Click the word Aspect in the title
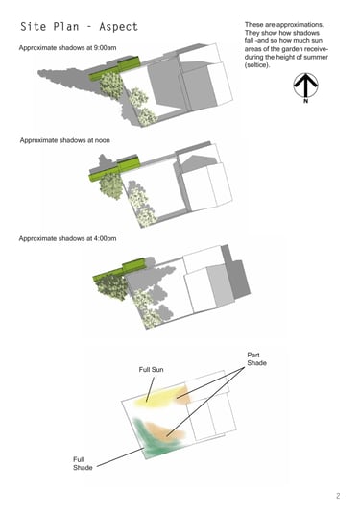(x=118, y=27)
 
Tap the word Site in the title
(x=33, y=26)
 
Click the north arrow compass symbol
(x=305, y=86)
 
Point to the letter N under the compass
(x=306, y=101)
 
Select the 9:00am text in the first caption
(x=105, y=48)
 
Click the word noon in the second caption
(x=103, y=140)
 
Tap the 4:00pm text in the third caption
(x=105, y=238)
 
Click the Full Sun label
(x=151, y=370)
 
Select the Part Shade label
(x=256, y=359)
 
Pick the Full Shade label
(x=83, y=463)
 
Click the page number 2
(x=338, y=495)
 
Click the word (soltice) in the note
(x=257, y=65)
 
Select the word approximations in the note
(x=300, y=25)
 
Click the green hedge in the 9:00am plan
(x=114, y=68)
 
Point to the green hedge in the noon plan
(x=114, y=168)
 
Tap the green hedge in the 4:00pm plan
(x=119, y=270)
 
